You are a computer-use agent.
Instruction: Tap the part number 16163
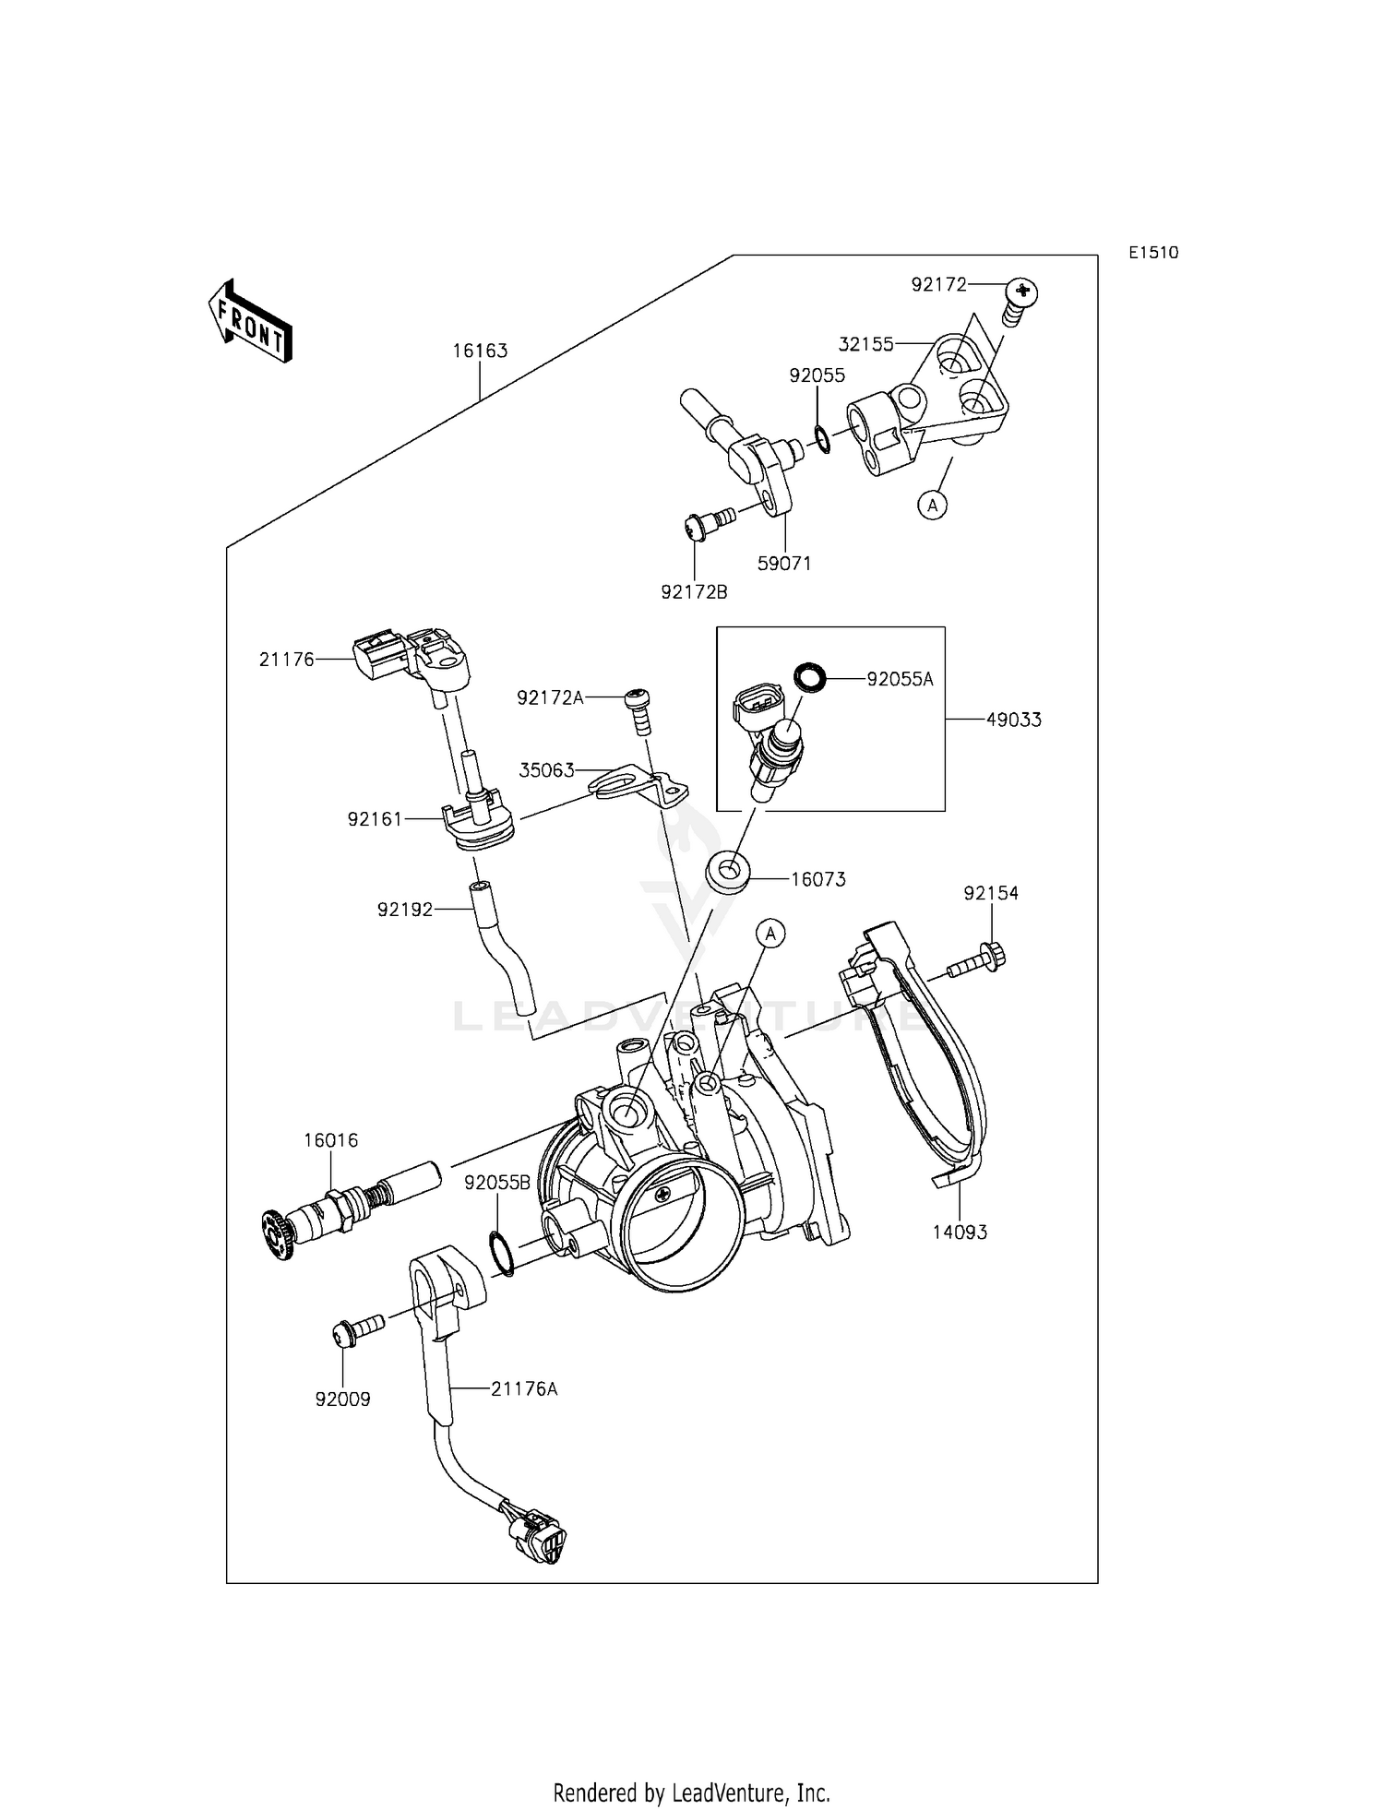[480, 351]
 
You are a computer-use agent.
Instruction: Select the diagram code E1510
[1153, 253]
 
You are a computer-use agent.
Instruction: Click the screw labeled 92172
[1018, 302]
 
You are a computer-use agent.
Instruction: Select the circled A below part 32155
[934, 505]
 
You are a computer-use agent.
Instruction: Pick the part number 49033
[1013, 720]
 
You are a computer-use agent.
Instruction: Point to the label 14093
[960, 1232]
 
